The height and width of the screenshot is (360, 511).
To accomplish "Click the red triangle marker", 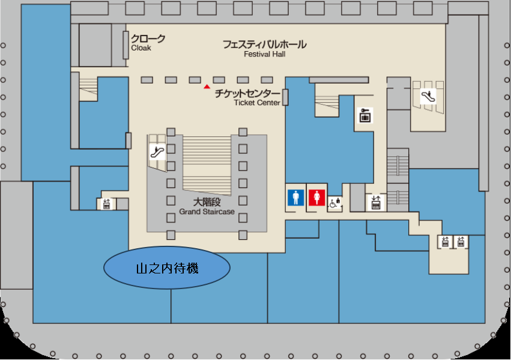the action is click(x=207, y=87).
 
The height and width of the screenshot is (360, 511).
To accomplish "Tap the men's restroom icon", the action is click(x=296, y=198).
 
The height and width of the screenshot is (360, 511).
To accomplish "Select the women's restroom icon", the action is click(x=317, y=198).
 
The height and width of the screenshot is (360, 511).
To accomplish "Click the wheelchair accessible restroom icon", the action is click(x=334, y=203).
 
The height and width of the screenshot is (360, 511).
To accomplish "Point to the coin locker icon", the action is click(x=365, y=115).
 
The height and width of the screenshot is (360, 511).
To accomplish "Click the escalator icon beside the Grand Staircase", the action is click(x=157, y=151).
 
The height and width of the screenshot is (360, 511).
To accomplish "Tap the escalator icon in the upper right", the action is click(x=428, y=96).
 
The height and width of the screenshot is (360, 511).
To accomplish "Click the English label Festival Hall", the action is click(x=265, y=54).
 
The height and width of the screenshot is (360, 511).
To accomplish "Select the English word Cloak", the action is click(x=141, y=48).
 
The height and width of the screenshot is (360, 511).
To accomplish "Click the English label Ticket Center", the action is click(x=257, y=103).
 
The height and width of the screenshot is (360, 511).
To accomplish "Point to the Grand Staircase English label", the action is click(x=207, y=212).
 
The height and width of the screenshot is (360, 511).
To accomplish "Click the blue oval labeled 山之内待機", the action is click(x=167, y=267).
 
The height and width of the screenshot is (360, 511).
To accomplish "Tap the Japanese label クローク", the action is click(x=148, y=39).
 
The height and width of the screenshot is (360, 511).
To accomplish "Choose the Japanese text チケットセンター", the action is click(x=247, y=94).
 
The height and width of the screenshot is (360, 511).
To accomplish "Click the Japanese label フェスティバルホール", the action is click(x=265, y=44).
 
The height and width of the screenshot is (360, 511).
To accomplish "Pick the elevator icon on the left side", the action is click(x=106, y=204).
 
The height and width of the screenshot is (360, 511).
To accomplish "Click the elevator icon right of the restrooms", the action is click(x=376, y=202).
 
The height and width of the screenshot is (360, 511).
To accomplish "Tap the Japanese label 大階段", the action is click(x=207, y=202).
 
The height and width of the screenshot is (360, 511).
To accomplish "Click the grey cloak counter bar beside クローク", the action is click(x=125, y=45).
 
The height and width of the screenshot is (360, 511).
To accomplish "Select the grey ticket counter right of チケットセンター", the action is click(x=285, y=97).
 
